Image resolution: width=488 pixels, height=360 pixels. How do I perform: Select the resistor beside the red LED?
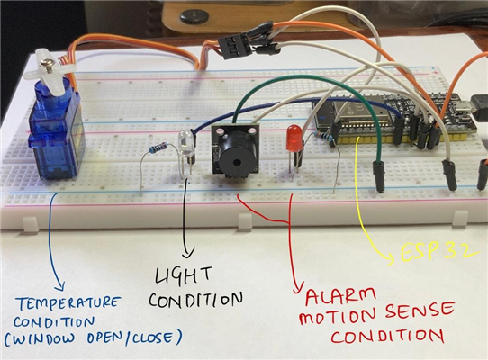click(321, 137)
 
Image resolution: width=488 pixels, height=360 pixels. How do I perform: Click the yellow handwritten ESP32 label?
click(438, 251)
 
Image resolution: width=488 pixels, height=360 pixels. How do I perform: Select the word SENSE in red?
click(419, 311)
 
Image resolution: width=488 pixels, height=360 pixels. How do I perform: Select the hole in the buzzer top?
click(237, 162)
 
